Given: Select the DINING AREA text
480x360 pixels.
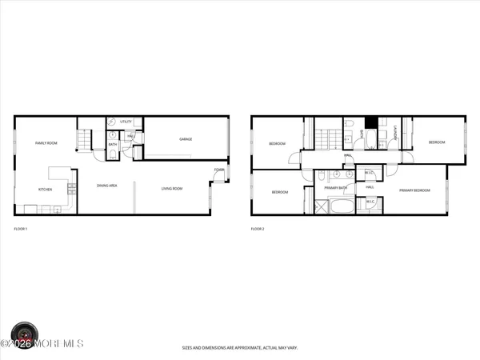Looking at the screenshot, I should click(107, 186).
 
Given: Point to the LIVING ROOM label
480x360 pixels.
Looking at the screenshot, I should click(172, 189).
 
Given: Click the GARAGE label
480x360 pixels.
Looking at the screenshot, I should click(186, 139).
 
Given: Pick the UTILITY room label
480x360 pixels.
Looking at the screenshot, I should click(126, 122).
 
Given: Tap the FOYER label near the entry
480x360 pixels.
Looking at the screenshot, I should click(218, 170).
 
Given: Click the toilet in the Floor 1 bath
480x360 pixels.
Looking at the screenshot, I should click(113, 136).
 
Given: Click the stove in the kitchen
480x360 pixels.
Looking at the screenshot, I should click(72, 189).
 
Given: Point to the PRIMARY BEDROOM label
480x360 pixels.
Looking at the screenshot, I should click(415, 190).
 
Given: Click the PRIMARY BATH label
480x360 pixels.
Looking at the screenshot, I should click(335, 188).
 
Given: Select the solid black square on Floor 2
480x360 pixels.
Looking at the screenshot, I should click(370, 122).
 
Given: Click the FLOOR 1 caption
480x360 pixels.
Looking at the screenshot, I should click(22, 229).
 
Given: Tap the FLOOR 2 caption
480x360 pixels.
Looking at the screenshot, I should click(258, 229).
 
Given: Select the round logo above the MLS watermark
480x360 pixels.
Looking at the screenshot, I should click(24, 332).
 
